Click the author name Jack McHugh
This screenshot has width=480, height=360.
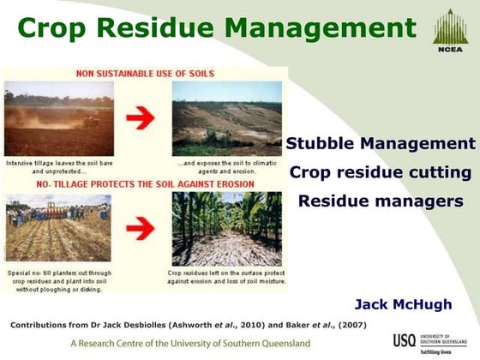pos(403,304)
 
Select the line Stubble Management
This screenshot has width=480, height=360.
pos(380,143)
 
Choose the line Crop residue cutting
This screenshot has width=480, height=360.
pos(380,172)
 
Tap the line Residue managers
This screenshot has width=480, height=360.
pos(380,201)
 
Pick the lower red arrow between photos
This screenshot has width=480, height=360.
pos(141,229)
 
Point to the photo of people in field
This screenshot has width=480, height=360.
pos(53,228)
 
